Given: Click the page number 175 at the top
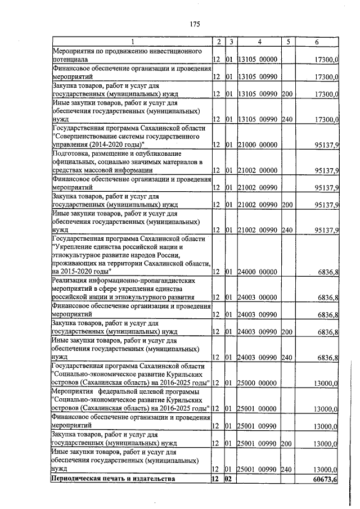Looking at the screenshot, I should coord(195,24).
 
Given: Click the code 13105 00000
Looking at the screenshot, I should coord(258,59).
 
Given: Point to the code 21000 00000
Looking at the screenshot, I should coord(258,145).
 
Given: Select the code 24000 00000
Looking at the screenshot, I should coord(258,272).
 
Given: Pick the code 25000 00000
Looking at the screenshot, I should coord(258,384).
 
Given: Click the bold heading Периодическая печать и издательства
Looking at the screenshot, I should coord(112,479).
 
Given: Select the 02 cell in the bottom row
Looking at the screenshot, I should coord(229,479).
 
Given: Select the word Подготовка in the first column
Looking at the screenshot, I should coord(72,154).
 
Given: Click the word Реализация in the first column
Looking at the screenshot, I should coord(71,280).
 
